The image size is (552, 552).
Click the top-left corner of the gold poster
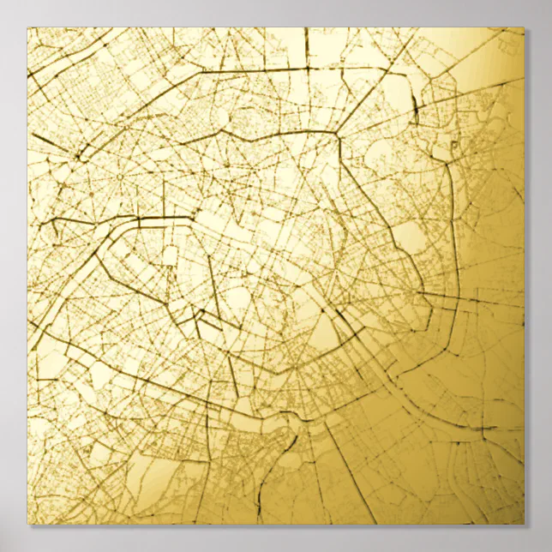(x=27, y=27)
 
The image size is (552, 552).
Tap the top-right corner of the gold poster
(x=524, y=27)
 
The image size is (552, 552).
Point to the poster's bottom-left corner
(x=27, y=524)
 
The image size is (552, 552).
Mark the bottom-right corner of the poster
(x=524, y=524)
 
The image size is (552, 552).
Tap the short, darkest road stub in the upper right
(x=414, y=107)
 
